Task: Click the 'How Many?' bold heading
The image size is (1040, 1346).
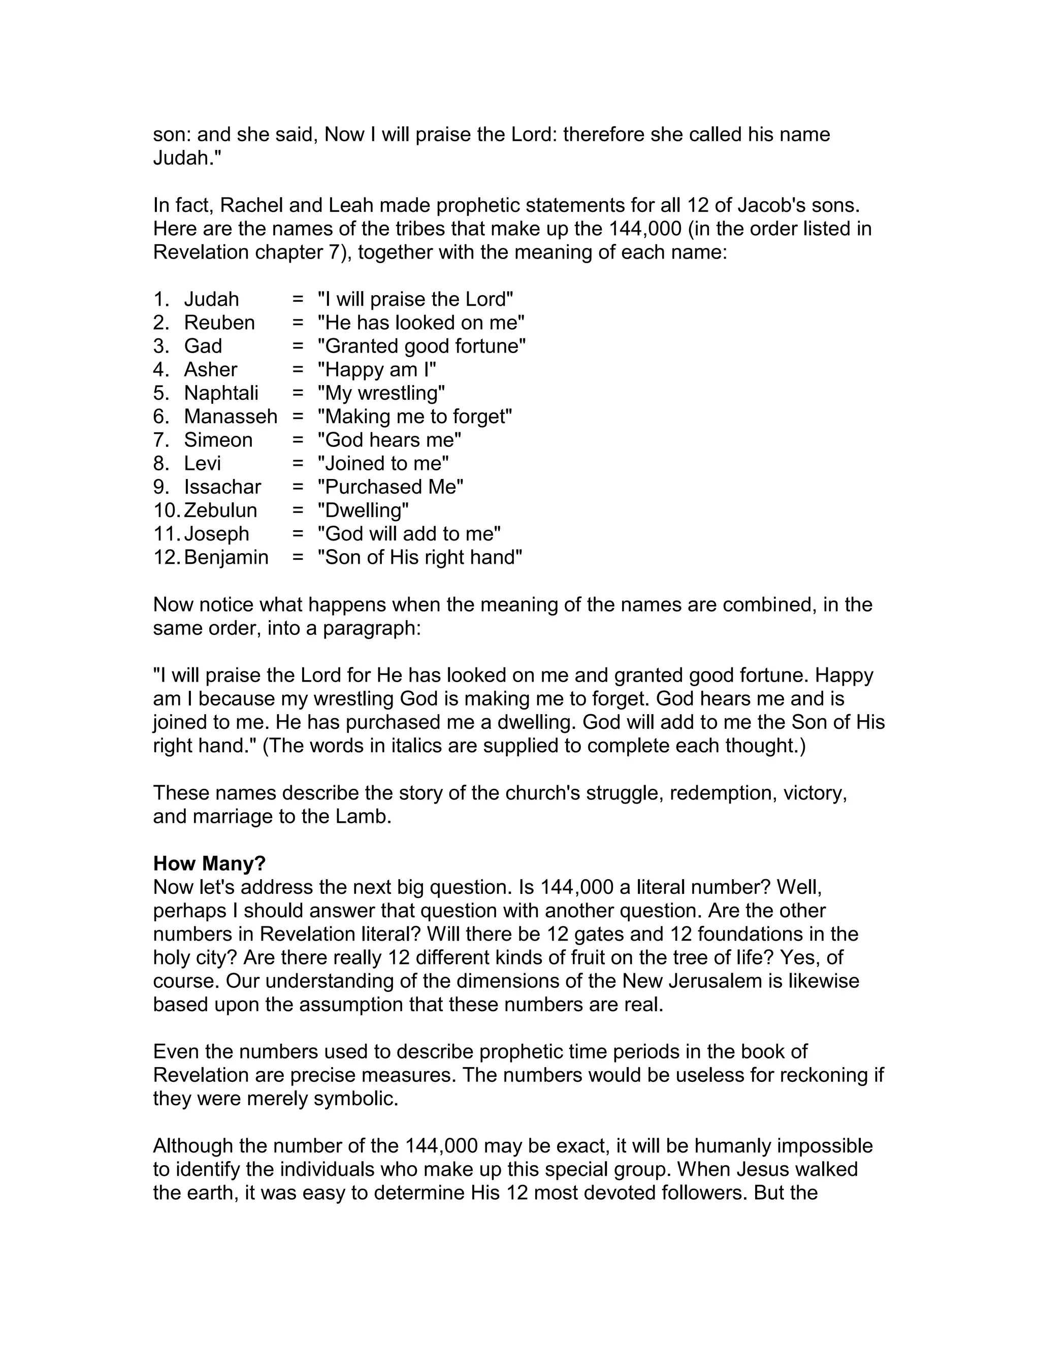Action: [209, 863]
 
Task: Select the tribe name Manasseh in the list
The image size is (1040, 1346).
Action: [231, 416]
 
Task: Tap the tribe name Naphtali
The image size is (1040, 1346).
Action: [221, 393]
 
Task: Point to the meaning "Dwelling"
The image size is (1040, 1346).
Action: [363, 510]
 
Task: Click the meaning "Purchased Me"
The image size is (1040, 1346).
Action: [390, 487]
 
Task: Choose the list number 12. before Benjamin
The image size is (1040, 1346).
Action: [167, 557]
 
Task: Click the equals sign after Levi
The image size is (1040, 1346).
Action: [298, 463]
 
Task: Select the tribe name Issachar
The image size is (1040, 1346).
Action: [222, 487]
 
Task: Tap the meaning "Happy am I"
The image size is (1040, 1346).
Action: [376, 370]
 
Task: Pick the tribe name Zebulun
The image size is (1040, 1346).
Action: [220, 510]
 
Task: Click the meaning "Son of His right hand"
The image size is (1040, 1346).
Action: [419, 557]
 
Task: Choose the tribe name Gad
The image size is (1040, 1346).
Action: [203, 346]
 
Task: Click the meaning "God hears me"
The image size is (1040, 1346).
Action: [389, 440]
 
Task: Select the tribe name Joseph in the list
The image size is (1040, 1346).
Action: [216, 534]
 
